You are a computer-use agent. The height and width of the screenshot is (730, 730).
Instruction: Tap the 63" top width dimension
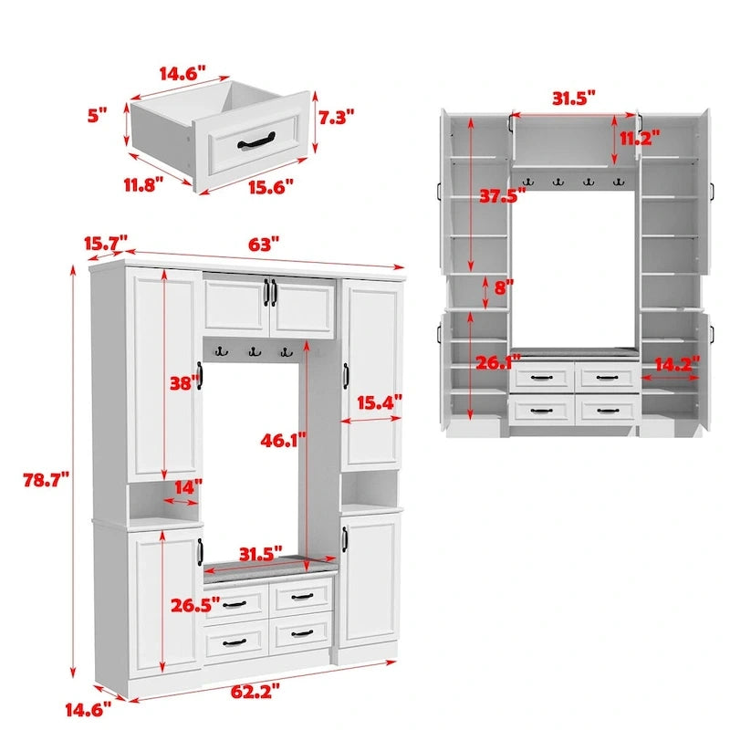click(263, 245)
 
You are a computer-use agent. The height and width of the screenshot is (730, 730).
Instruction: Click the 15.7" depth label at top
click(103, 244)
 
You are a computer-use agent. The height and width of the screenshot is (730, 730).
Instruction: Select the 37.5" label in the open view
click(498, 195)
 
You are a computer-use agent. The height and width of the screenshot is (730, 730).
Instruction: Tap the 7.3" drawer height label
click(336, 117)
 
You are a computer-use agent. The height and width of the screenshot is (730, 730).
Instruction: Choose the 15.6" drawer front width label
click(269, 187)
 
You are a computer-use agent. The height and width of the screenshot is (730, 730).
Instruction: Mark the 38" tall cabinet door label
click(182, 384)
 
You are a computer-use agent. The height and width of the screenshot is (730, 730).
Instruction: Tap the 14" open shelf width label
click(188, 488)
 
